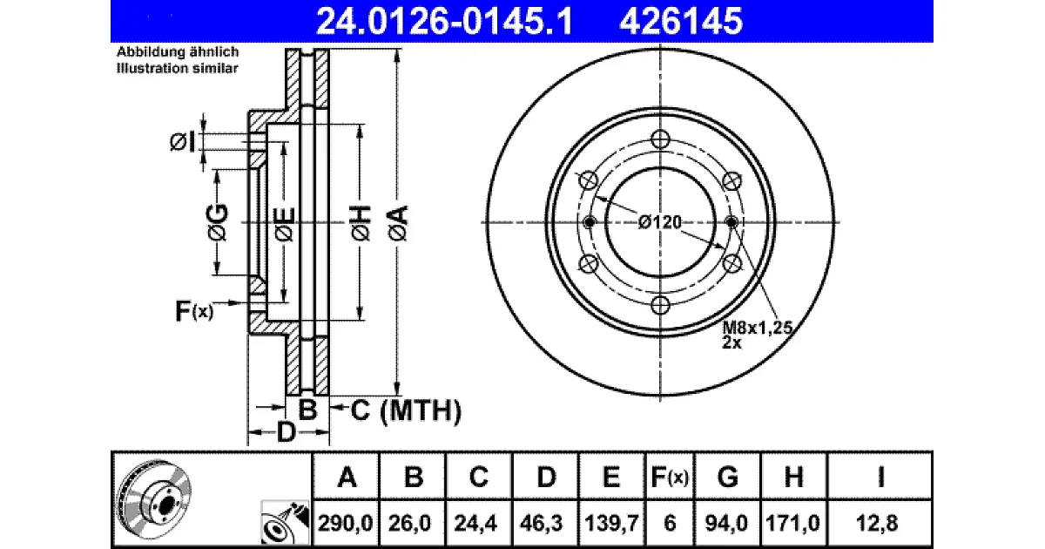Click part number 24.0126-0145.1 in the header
tap(444, 22)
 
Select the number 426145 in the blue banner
tap(681, 22)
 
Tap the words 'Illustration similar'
tap(178, 68)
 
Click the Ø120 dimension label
tap(660, 222)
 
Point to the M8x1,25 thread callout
tap(757, 328)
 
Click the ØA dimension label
tap(398, 223)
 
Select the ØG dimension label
tap(218, 222)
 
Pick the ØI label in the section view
tap(182, 141)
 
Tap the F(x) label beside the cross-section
tap(194, 311)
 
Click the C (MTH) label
tap(406, 410)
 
